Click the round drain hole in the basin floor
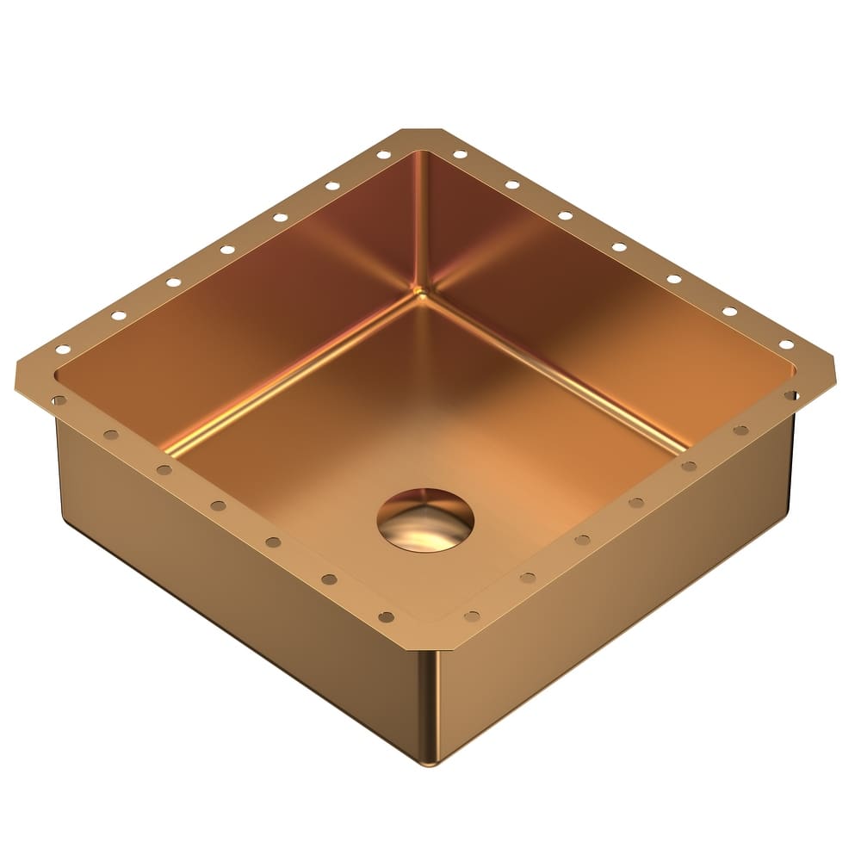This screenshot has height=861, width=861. tap(425, 520)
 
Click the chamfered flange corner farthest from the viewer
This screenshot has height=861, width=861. tap(421, 134)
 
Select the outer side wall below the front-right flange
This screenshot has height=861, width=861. tap(620, 594)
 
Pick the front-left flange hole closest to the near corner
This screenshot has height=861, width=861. tap(386, 616)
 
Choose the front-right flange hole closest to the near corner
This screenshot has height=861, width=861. tap(472, 616)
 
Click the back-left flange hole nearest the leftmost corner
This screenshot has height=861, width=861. tap(63, 350)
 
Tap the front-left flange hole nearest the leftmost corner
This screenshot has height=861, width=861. tap(59, 400)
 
